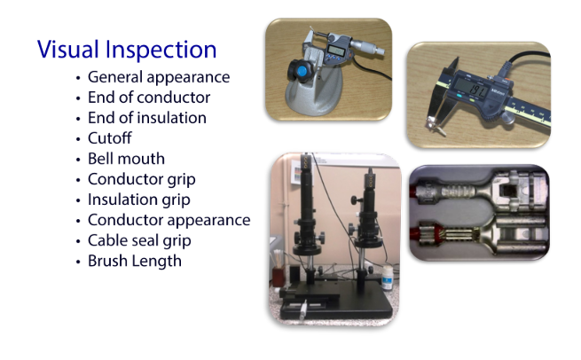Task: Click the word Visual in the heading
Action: [x=67, y=49]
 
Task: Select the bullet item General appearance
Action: [x=159, y=77]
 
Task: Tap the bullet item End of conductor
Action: [x=148, y=98]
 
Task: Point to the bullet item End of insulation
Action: [x=147, y=118]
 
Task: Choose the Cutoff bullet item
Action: [x=112, y=138]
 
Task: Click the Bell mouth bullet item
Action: [x=126, y=159]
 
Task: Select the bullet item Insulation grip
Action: [x=138, y=200]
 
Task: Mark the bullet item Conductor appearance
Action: [x=169, y=220]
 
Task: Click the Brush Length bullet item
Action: [x=135, y=261]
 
